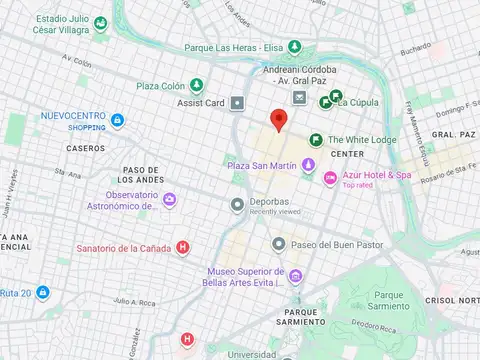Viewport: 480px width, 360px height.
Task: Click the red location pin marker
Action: tap(281, 120)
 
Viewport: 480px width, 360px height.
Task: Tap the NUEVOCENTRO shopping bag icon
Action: tap(118, 122)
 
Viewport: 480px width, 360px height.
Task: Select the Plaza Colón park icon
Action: tap(197, 85)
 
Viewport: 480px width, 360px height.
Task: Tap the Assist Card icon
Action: tap(237, 102)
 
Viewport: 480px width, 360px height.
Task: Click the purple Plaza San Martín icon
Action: tap(308, 164)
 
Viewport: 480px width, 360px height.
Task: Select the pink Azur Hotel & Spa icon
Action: tap(330, 178)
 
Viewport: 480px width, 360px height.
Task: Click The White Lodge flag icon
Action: tap(315, 140)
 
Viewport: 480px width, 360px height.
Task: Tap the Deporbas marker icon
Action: tap(237, 205)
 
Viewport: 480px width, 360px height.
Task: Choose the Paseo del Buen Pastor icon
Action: tap(279, 244)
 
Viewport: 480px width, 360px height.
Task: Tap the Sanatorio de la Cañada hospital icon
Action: tap(182, 247)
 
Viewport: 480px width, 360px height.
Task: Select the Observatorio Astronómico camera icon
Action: tap(169, 201)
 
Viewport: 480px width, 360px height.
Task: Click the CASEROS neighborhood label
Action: tap(85, 148)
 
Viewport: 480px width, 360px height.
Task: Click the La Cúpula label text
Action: tap(356, 101)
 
